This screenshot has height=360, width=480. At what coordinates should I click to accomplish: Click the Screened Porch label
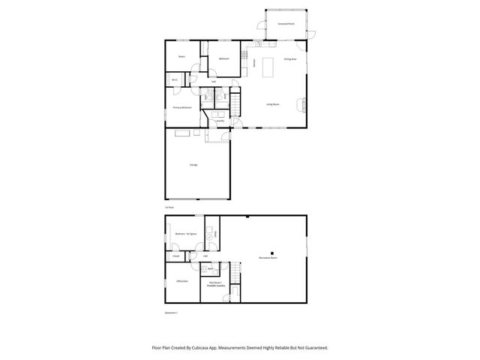pos(286,24)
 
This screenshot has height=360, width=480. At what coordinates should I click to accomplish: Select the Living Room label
pos(273,104)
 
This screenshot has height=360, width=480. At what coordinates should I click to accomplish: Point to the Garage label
pos(193,163)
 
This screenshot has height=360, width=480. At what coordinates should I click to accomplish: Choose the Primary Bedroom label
pos(182,107)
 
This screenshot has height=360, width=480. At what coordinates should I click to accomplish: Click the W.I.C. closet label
pos(174,80)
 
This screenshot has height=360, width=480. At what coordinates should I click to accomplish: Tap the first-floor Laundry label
pos(220,121)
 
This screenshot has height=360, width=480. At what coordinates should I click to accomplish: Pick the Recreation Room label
pos(268,257)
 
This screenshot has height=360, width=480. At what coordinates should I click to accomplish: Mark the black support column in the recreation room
pos(273,252)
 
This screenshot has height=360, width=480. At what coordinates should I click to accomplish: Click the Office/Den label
pos(181,281)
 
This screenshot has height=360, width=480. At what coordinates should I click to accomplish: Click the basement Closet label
pos(176,256)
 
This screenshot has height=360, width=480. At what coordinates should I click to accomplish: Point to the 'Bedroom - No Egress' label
pos(185,235)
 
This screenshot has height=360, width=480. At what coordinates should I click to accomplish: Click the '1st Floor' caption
pos(169,207)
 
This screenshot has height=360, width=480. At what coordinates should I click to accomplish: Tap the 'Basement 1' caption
pos(172,312)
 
